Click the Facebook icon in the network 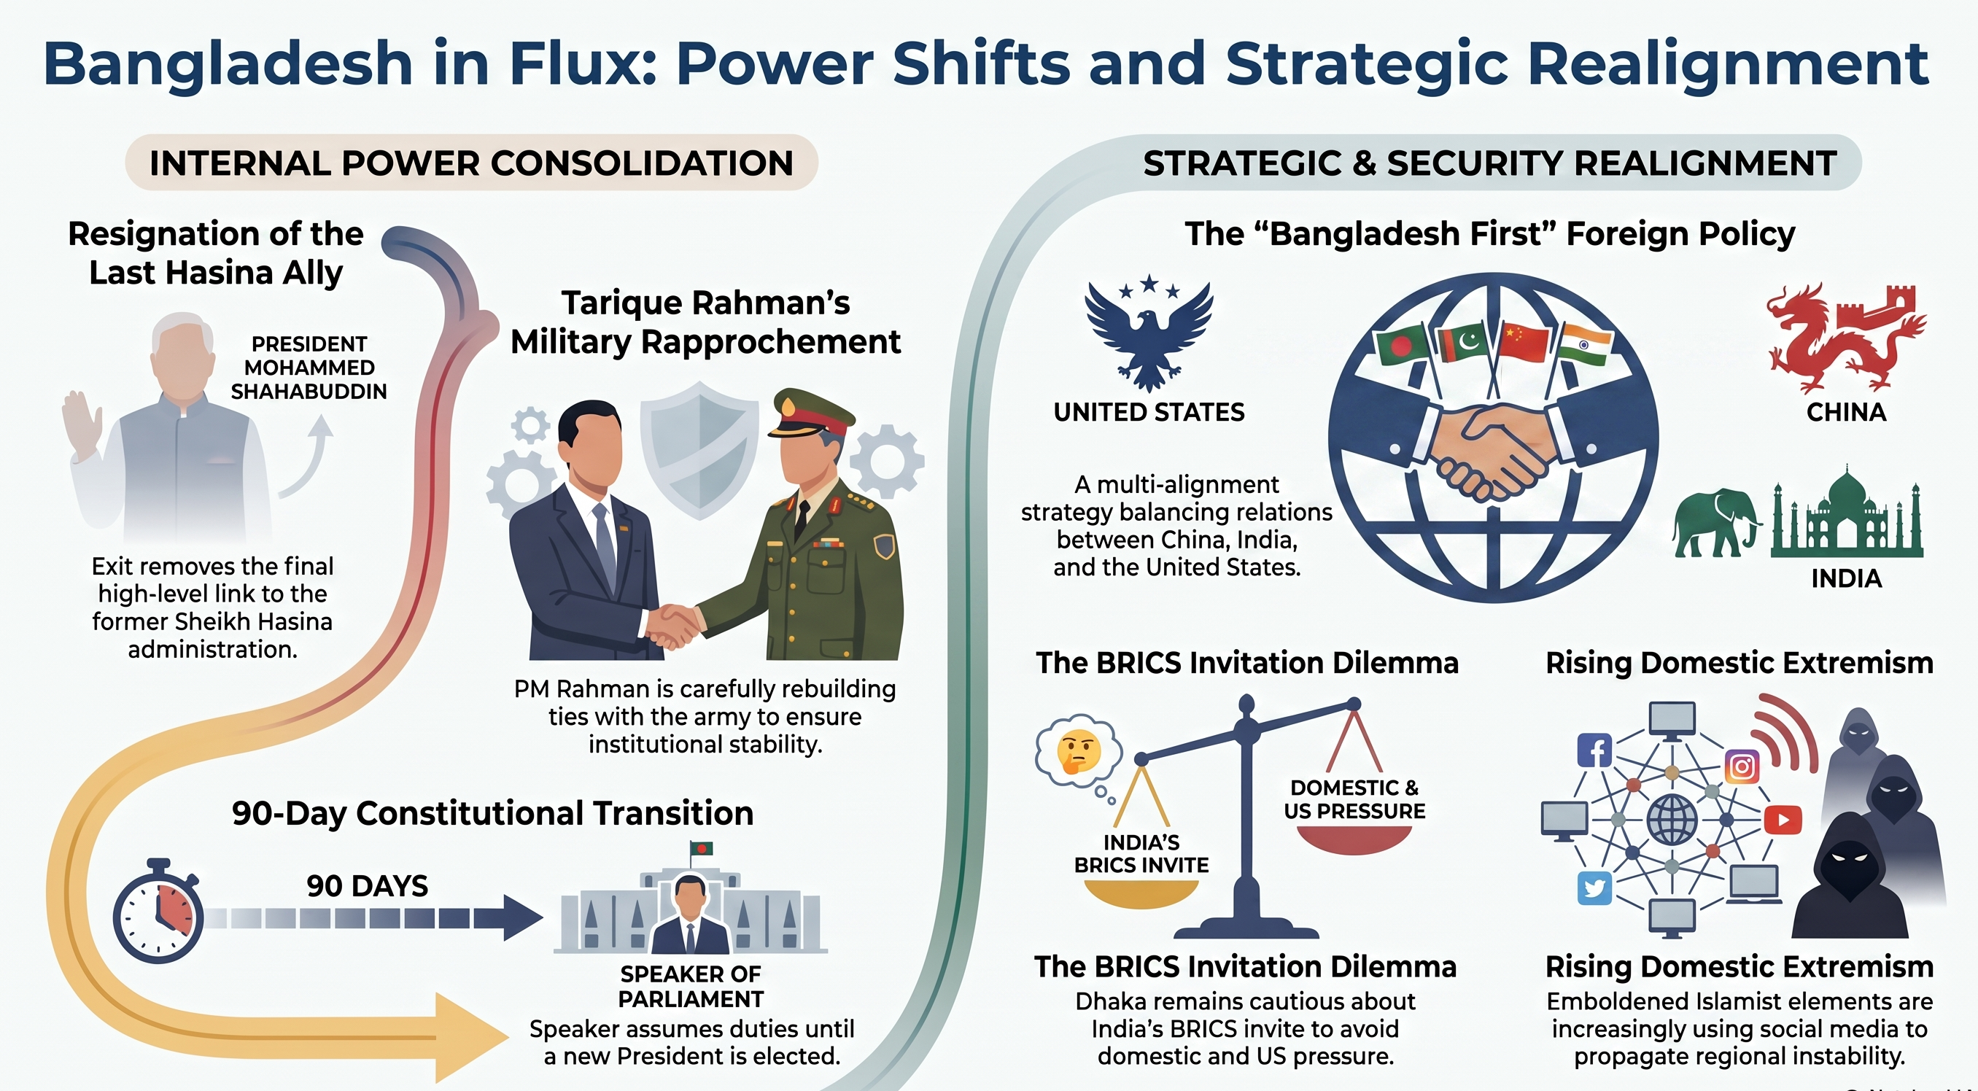point(1594,750)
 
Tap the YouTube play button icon point(1783,820)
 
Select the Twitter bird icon point(1594,889)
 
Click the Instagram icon point(1742,766)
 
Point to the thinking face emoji point(1079,751)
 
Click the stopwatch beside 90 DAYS point(158,912)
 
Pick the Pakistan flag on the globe point(1465,343)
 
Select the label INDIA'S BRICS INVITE point(1141,854)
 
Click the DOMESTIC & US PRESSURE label point(1354,799)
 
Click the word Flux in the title point(583,63)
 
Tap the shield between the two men point(699,449)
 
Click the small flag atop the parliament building point(701,848)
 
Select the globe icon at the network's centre point(1672,820)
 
